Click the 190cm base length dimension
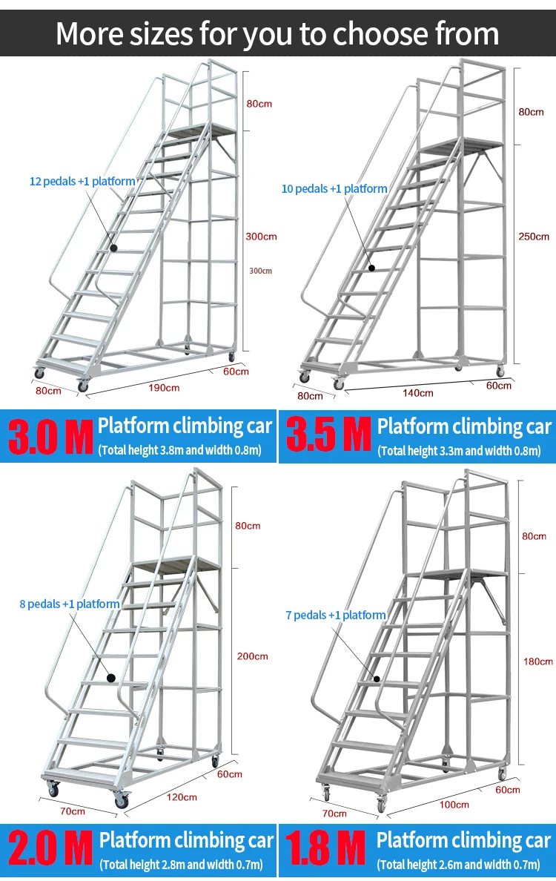pyautogui.click(x=163, y=388)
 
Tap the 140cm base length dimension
pyautogui.click(x=418, y=393)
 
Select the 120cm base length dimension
pyautogui.click(x=182, y=798)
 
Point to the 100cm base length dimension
pyautogui.click(x=454, y=805)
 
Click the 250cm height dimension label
pyautogui.click(x=534, y=237)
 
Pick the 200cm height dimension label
pyautogui.click(x=253, y=656)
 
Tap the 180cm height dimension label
pyautogui.click(x=537, y=661)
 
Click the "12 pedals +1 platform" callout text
pyautogui.click(x=82, y=181)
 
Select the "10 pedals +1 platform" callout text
pyautogui.click(x=334, y=189)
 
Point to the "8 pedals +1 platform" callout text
pyautogui.click(x=70, y=604)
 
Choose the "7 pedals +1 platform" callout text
pyautogui.click(x=335, y=615)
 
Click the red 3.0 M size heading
pyautogui.click(x=50, y=436)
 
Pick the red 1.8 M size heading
pyautogui.click(x=326, y=850)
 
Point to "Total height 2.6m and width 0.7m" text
pyautogui.click(x=460, y=865)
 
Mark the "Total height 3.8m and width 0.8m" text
pyautogui.click(x=180, y=450)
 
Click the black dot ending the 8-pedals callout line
pyautogui.click(x=111, y=677)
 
